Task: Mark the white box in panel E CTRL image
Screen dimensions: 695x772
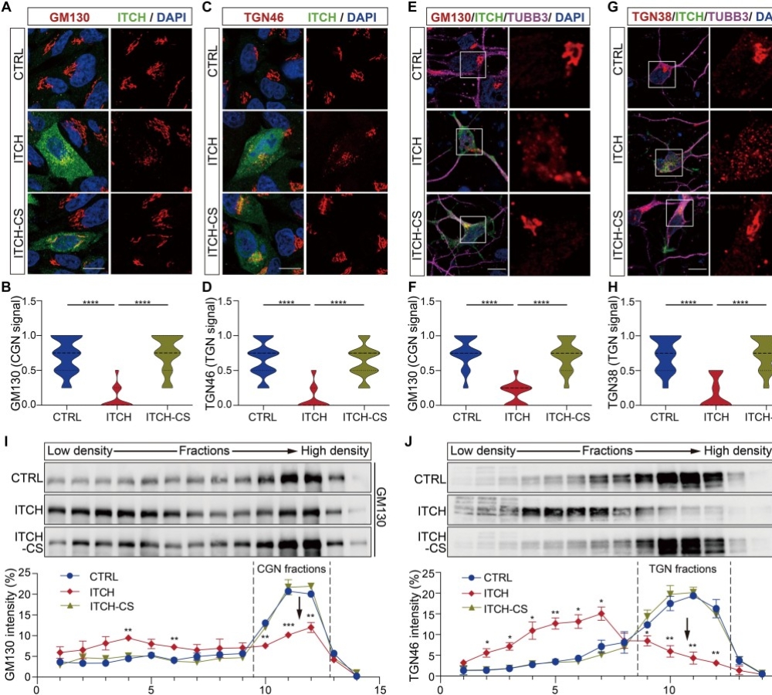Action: pos(472,64)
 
